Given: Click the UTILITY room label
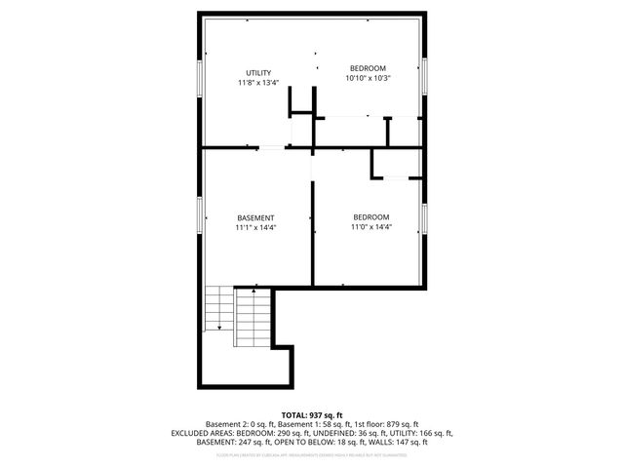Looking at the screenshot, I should pyautogui.click(x=257, y=73).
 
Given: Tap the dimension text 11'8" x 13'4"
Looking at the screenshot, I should pyautogui.click(x=257, y=83).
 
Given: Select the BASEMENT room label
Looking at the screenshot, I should pyautogui.click(x=255, y=217).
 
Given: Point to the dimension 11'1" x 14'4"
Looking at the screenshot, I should pyautogui.click(x=255, y=227).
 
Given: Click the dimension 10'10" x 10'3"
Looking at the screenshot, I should pyautogui.click(x=369, y=78).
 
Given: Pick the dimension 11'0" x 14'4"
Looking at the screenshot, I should pyautogui.click(x=370, y=226).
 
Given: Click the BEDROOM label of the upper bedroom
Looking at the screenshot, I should pyautogui.click(x=369, y=68).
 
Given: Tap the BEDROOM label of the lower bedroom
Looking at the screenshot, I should pyautogui.click(x=370, y=216).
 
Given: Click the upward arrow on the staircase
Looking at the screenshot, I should pyautogui.click(x=253, y=292).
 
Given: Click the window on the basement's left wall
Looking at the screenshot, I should pyautogui.click(x=200, y=217).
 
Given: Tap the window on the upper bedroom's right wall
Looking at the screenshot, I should pyautogui.click(x=425, y=76).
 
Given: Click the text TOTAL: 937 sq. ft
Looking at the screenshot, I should pyautogui.click(x=311, y=414).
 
